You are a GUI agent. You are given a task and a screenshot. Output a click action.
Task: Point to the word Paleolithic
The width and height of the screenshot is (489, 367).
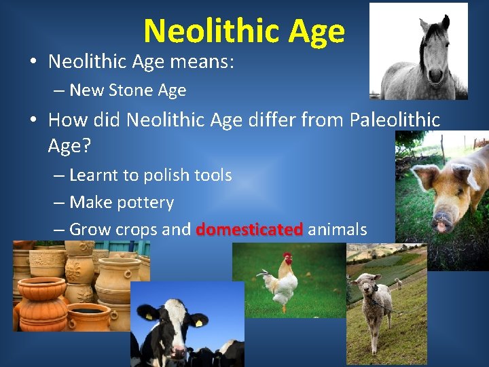click(395, 120)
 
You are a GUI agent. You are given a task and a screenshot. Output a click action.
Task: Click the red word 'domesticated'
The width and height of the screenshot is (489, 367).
click(249, 230)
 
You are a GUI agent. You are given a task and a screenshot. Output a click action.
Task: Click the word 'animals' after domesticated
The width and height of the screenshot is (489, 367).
click(338, 230)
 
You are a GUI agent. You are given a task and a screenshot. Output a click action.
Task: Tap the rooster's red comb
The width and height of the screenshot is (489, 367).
click(287, 258)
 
